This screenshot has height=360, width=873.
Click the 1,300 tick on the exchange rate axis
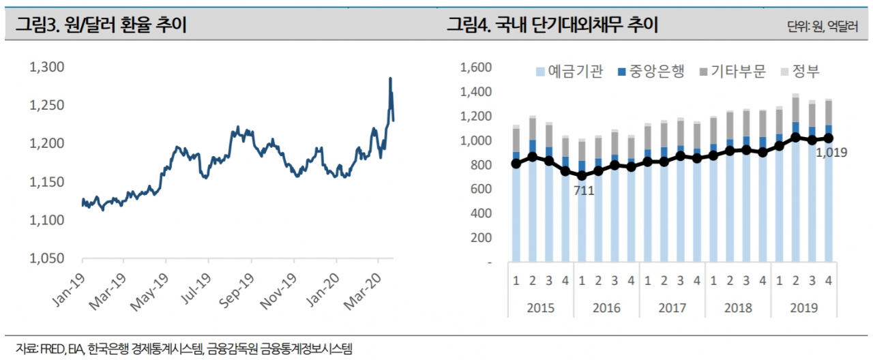click(47, 67)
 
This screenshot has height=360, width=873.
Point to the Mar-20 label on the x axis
click(363, 292)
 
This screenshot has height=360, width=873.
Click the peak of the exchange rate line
click(390, 78)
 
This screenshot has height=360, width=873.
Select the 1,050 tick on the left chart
click(47, 258)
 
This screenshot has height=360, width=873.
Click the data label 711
click(584, 191)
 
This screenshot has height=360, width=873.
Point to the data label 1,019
click(831, 152)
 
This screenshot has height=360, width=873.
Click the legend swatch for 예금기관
click(540, 72)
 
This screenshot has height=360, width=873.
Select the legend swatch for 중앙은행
click(621, 72)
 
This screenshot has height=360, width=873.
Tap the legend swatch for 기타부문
click(703, 72)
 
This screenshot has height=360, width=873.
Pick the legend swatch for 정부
click(784, 72)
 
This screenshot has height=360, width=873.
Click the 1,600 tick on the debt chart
click(476, 67)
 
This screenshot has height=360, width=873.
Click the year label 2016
click(606, 308)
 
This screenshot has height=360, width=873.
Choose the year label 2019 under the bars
click(804, 308)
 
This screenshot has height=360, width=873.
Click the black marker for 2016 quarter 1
click(582, 176)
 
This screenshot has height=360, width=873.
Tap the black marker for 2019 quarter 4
click(829, 138)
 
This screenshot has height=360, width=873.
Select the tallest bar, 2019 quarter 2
click(796, 178)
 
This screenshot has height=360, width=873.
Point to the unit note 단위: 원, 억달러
click(823, 26)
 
